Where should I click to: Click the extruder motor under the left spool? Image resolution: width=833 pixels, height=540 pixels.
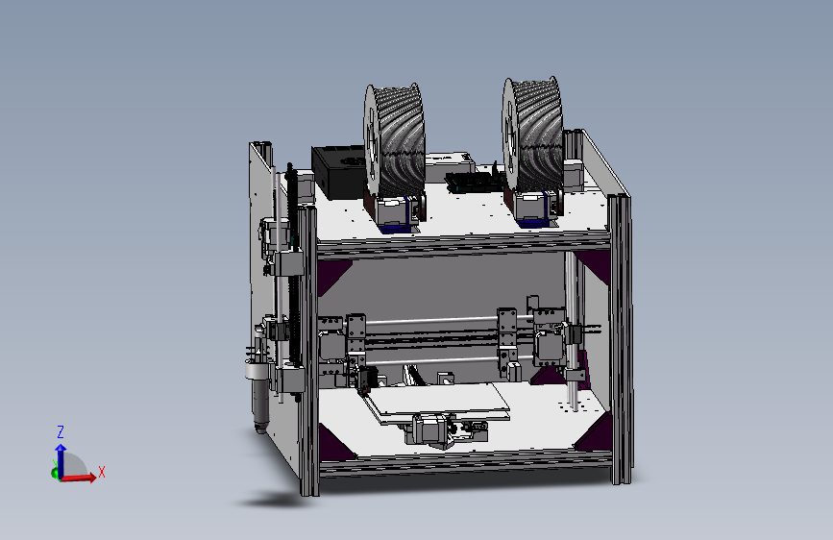coord(397,211)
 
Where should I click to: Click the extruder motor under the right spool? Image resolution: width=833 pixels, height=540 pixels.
coord(534,208)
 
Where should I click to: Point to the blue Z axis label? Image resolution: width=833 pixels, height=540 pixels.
coord(60,432)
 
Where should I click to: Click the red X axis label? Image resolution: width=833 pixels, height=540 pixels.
coord(101,472)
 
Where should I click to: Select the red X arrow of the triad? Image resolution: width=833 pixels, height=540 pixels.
coord(82,477)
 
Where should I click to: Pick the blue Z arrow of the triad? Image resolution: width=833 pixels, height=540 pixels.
coord(60,455)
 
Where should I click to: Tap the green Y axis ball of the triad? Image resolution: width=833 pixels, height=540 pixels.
coord(54,472)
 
